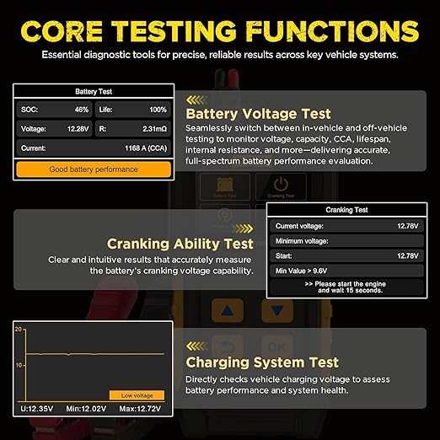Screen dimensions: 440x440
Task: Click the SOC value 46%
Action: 82,110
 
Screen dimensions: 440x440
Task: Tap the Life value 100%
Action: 158,110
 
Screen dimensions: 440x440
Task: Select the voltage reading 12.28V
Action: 78,129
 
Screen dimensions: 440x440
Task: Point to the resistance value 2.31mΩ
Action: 154,129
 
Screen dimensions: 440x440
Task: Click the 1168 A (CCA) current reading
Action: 146,148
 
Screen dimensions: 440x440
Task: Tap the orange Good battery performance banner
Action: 94,169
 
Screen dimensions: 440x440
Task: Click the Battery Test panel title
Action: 94,92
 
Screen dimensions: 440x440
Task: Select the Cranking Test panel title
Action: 346,210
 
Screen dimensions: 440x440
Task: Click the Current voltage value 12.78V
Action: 408,226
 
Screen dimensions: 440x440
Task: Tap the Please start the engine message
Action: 346,287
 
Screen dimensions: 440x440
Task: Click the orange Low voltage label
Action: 137,395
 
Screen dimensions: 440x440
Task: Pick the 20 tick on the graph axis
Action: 19,330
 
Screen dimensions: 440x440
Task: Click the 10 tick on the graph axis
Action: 19,365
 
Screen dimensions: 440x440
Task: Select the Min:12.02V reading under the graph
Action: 86,409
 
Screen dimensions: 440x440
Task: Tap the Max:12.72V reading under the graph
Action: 140,409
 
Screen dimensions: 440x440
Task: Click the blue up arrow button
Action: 228,311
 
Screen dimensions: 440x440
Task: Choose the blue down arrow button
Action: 277,311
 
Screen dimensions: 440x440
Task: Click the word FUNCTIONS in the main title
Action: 332,31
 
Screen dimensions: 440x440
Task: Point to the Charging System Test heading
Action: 262,362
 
